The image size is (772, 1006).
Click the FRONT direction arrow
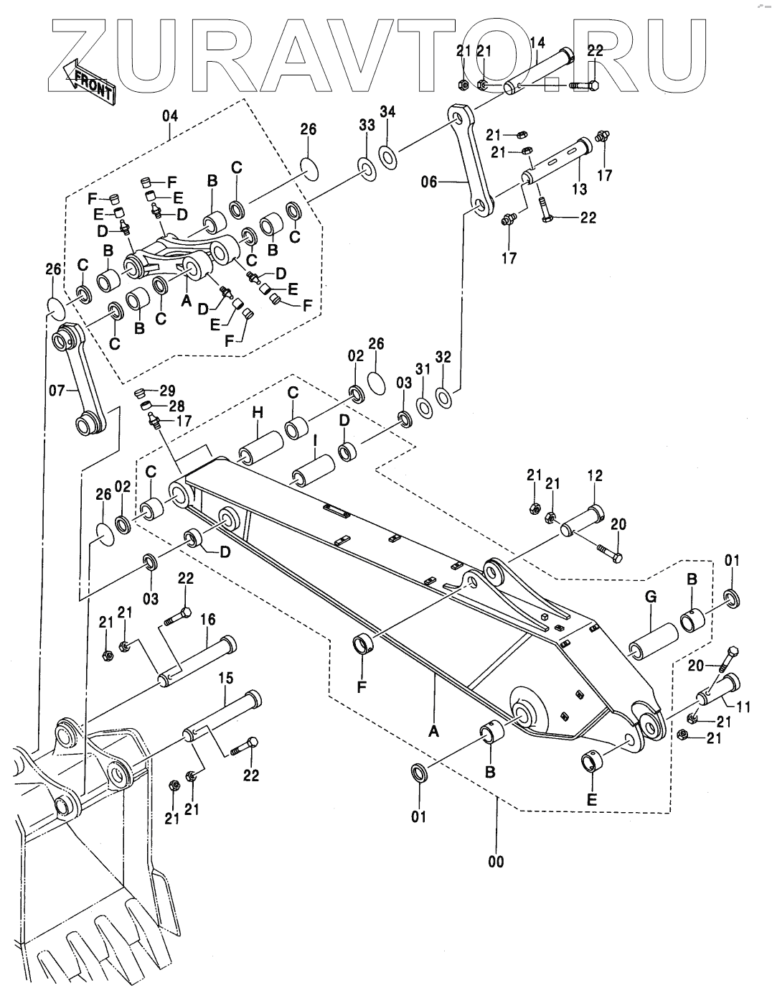[x=87, y=80]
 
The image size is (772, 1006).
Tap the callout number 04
[x=170, y=116]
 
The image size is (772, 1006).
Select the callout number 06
[x=429, y=182]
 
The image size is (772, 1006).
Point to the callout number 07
[x=57, y=391]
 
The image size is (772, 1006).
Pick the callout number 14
[x=537, y=43]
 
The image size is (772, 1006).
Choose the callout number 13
[x=579, y=190]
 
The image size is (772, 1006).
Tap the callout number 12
[x=596, y=475]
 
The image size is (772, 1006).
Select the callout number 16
[x=207, y=619]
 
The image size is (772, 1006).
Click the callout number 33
[x=367, y=124]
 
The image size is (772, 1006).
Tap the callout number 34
[x=387, y=111]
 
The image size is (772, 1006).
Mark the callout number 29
[x=167, y=391]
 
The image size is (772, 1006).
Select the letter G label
[x=651, y=597]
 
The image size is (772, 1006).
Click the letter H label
[x=258, y=413]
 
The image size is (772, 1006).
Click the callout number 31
[x=423, y=369]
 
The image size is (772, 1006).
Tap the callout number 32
[x=443, y=357]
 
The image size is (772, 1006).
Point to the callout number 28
[x=176, y=406]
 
